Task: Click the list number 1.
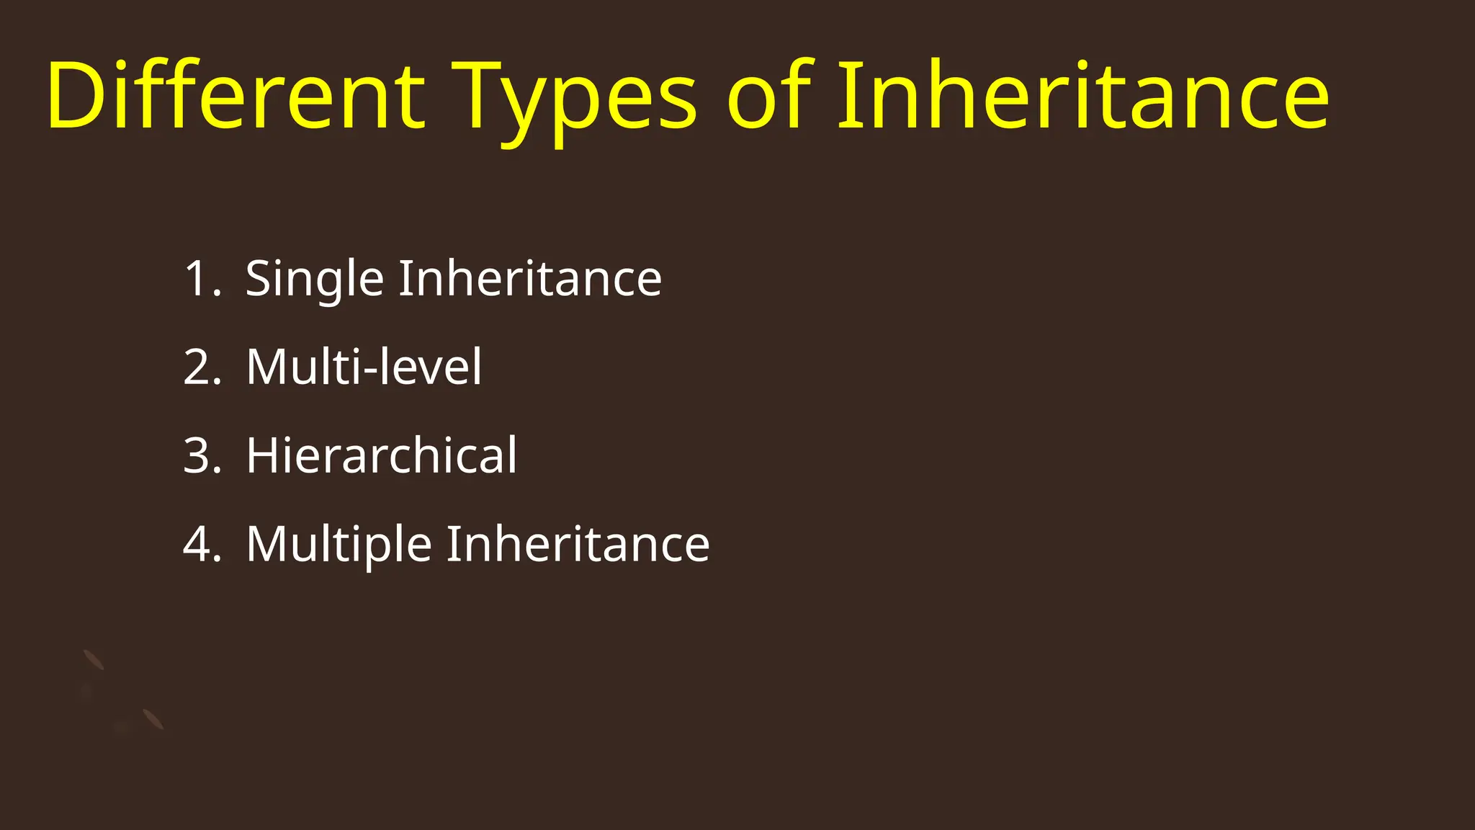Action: (199, 279)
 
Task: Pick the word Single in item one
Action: (315, 279)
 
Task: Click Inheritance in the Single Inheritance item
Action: (530, 279)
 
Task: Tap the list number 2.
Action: (199, 367)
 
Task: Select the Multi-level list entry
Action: (364, 367)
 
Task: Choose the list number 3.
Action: (199, 456)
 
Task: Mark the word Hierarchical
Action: (382, 456)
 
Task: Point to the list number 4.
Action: (199, 545)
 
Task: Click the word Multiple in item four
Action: (339, 545)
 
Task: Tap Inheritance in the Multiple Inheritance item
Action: (578, 545)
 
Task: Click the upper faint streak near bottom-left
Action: (94, 659)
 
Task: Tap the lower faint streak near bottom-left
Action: (153, 719)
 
